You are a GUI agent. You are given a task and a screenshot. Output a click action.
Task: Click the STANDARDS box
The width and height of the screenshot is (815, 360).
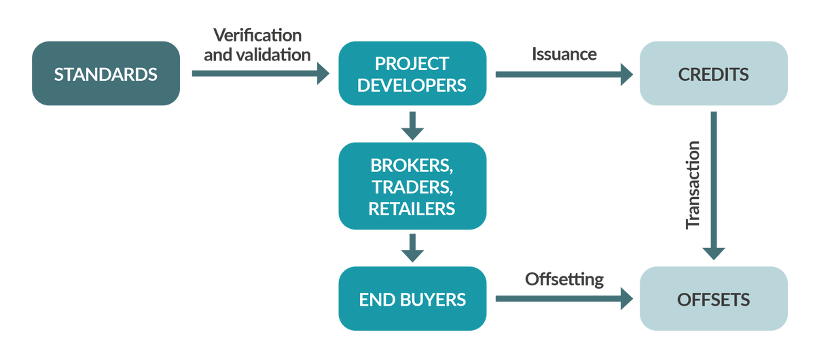point(106,73)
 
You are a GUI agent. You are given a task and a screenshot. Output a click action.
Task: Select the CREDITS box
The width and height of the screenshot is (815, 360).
point(713,73)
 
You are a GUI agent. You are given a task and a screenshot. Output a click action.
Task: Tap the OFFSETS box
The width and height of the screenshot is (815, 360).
point(713,299)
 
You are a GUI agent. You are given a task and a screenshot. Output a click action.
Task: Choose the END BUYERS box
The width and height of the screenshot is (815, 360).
point(412,299)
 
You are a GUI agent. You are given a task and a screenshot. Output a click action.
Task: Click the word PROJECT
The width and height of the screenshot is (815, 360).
point(412,63)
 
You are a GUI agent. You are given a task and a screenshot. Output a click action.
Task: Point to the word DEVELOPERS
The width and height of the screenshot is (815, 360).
point(412,85)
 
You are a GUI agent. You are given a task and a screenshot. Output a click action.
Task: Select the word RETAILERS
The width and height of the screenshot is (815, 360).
point(412,209)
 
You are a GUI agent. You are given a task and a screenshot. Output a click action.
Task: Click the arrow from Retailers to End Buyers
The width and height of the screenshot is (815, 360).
point(412,248)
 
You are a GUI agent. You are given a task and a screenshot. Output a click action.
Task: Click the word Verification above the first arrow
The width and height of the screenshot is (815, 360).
point(257,35)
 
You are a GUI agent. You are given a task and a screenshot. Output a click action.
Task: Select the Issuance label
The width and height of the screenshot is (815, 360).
point(564,54)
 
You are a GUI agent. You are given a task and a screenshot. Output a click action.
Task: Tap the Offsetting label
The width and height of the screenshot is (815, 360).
point(564,279)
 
